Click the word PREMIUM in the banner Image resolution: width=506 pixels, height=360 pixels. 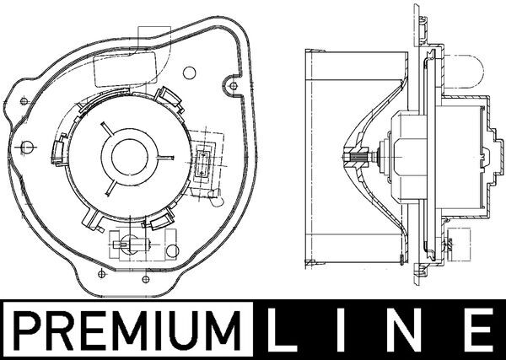coord(125,330)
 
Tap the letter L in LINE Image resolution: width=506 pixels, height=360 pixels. coord(283,330)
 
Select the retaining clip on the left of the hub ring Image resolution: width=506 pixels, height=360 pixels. coord(59,149)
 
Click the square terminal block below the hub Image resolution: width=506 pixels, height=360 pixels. coord(124,244)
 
